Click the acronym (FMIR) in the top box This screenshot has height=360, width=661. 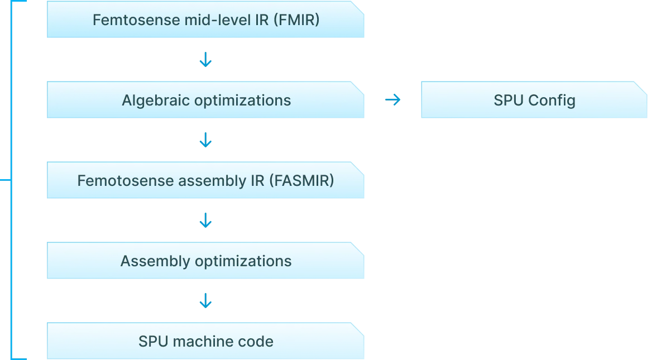coord(300,20)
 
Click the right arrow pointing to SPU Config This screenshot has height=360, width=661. coord(393,100)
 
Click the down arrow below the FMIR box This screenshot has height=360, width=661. coord(205,60)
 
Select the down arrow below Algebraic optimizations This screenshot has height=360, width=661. coord(205,140)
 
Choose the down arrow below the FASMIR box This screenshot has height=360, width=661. coord(205,220)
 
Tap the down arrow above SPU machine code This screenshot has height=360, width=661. coord(205,301)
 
